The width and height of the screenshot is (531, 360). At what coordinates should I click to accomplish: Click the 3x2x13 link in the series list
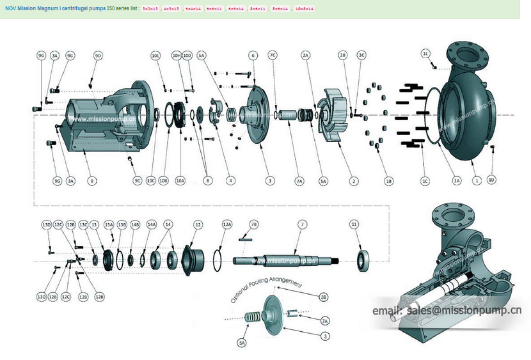pos(150,9)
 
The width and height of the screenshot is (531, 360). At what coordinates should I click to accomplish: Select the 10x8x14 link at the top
pos(304,9)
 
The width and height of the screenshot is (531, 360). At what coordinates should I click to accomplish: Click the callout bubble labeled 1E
pos(425,54)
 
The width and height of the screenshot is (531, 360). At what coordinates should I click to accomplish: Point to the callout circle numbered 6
pos(253,56)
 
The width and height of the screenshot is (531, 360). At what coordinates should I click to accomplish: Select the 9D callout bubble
pos(98,56)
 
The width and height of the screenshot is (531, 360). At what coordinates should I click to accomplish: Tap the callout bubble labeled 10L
pos(155,56)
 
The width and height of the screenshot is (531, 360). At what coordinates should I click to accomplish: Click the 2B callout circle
pos(343,56)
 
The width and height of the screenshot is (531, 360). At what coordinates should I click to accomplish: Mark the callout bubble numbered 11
pos(354,224)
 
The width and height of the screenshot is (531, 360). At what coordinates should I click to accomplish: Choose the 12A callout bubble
pos(227,224)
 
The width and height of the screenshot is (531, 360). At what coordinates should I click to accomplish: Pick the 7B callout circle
pos(254,224)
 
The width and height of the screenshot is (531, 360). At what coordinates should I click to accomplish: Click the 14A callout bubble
pos(152,224)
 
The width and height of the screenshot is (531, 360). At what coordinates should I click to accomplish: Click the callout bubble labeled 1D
pos(491,181)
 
